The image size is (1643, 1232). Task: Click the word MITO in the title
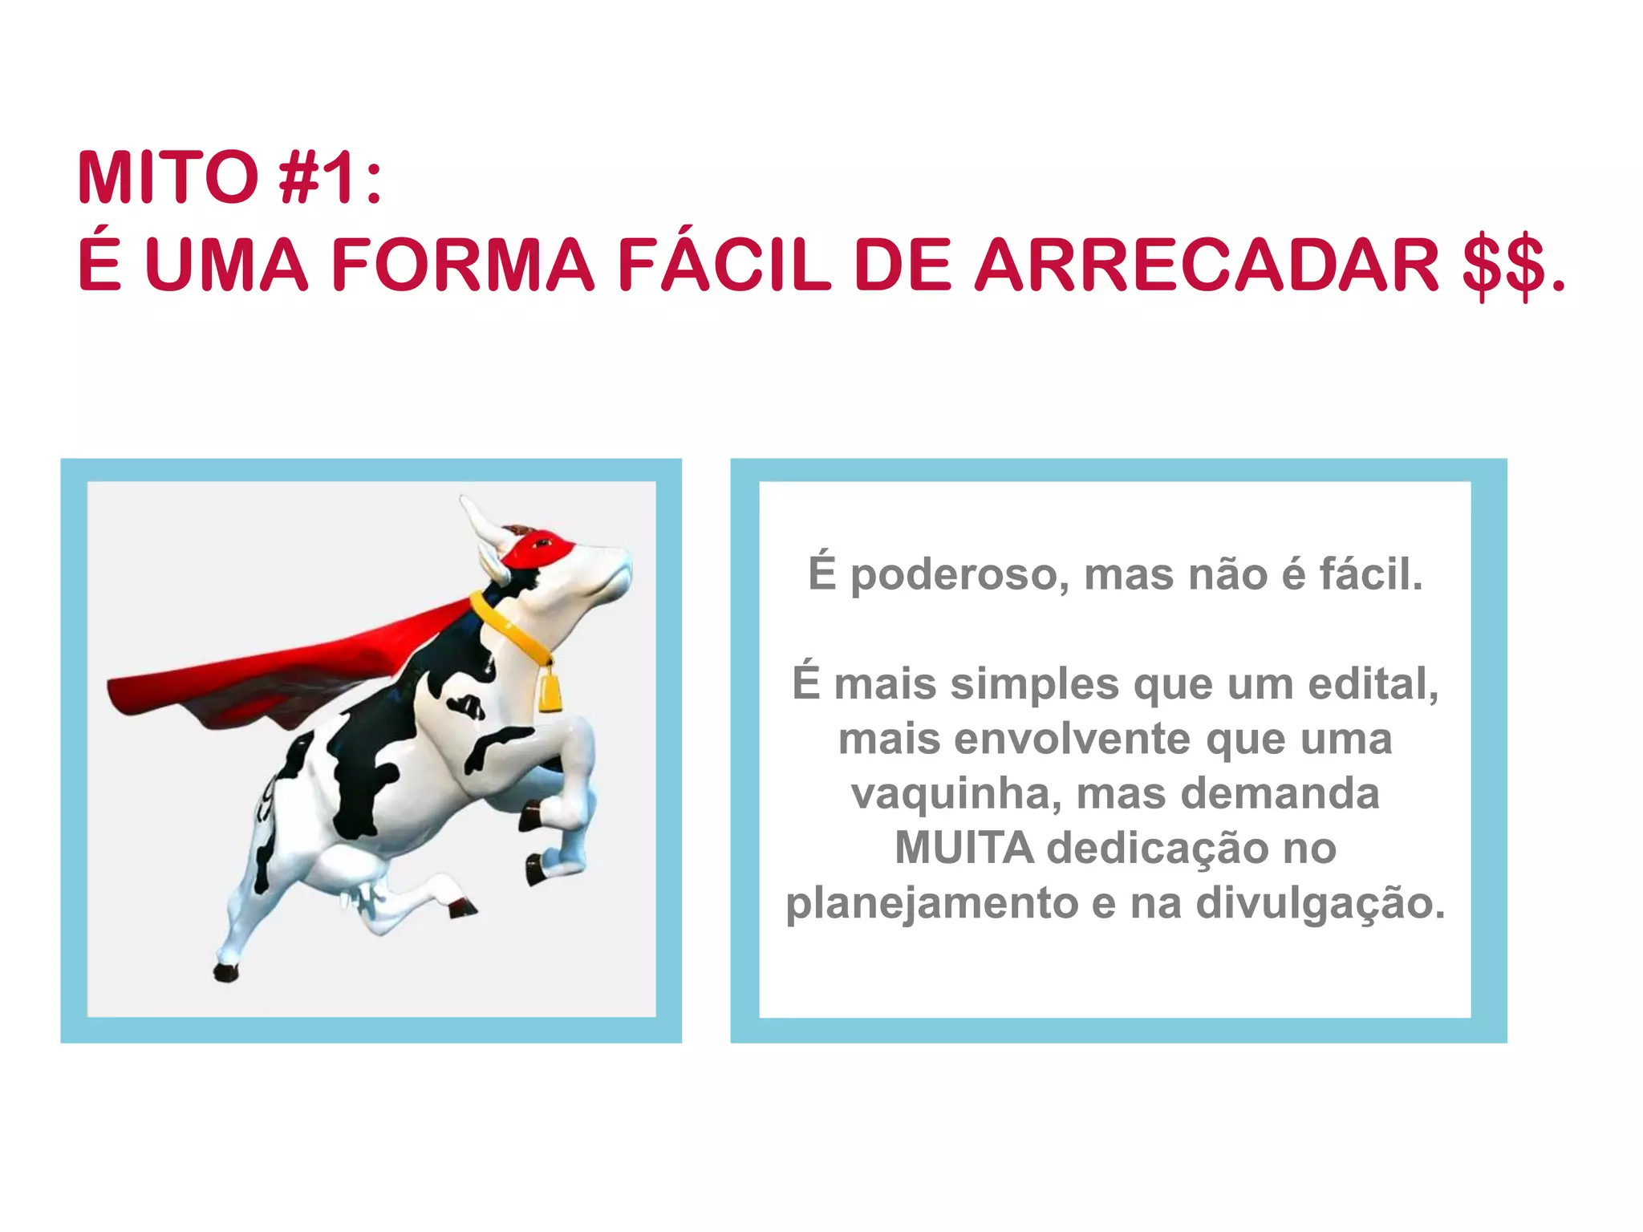click(168, 178)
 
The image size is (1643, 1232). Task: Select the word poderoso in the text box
click(959, 575)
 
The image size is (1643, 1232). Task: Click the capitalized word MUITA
click(963, 848)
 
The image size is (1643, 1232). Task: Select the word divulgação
click(1320, 902)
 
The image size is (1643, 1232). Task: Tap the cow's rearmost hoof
click(225, 972)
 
